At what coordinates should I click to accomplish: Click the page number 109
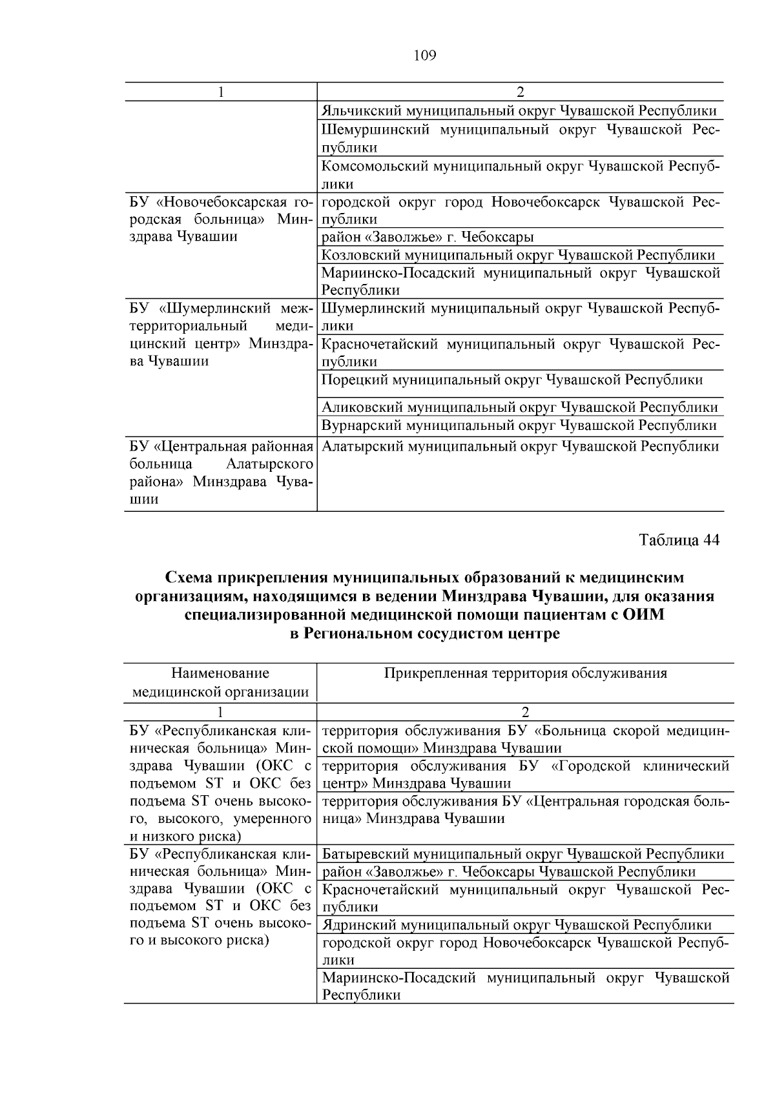[x=424, y=56]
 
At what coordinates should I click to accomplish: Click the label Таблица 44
[x=679, y=540]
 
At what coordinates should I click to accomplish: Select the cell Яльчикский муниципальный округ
[x=519, y=110]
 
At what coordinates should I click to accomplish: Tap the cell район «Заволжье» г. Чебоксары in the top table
[x=428, y=237]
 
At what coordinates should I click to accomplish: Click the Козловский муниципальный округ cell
[x=518, y=255]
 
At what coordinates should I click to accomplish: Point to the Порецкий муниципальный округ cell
[x=512, y=380]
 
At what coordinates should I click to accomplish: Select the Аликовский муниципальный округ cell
[x=519, y=407]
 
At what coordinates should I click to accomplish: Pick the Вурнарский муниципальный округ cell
[x=519, y=425]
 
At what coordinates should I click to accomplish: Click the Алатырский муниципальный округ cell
[x=520, y=446]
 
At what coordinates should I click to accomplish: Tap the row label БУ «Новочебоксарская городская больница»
[x=220, y=219]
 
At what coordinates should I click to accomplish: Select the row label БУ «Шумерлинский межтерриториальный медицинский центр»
[x=220, y=334]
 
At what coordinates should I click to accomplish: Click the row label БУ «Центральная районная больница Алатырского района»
[x=220, y=472]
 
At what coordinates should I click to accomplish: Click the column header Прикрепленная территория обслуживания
[x=525, y=674]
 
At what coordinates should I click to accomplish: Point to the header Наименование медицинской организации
[x=220, y=683]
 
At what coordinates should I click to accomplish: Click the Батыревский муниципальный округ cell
[x=522, y=854]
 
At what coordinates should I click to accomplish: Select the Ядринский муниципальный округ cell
[x=517, y=925]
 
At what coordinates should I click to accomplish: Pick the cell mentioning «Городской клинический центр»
[x=525, y=775]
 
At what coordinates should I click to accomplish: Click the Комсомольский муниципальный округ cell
[x=520, y=174]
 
